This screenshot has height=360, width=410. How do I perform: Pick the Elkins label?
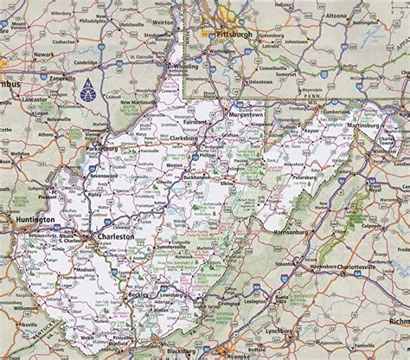(227, 184)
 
